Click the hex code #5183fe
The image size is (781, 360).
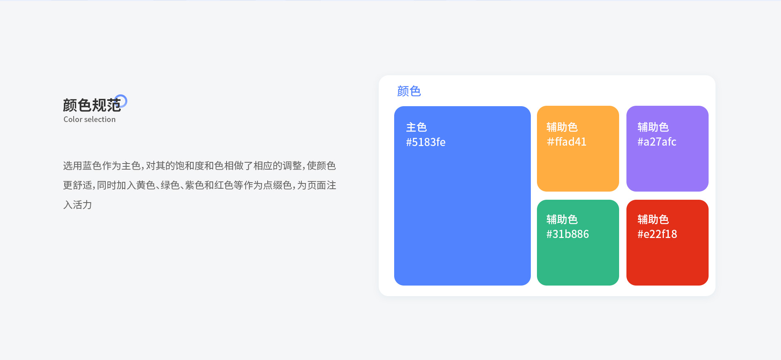point(425,142)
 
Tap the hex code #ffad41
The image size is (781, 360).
point(566,142)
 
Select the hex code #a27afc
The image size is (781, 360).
point(657,142)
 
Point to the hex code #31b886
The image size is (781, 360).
point(567,234)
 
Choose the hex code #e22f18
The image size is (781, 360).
point(657,234)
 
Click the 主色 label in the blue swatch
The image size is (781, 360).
point(416,127)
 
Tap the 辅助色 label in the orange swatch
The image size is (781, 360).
point(562,127)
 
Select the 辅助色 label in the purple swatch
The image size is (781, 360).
point(653,127)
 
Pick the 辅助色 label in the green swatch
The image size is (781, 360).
point(562,220)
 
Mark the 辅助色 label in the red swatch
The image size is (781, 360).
point(653,220)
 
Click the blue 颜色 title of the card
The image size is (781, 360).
point(409,91)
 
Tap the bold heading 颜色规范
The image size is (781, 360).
point(92,105)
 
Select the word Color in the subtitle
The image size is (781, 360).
point(73,120)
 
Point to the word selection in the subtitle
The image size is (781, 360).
point(100,120)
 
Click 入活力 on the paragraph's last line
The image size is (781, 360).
point(77,205)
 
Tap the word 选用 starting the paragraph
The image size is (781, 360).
point(73,166)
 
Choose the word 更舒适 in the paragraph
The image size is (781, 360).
point(77,185)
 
